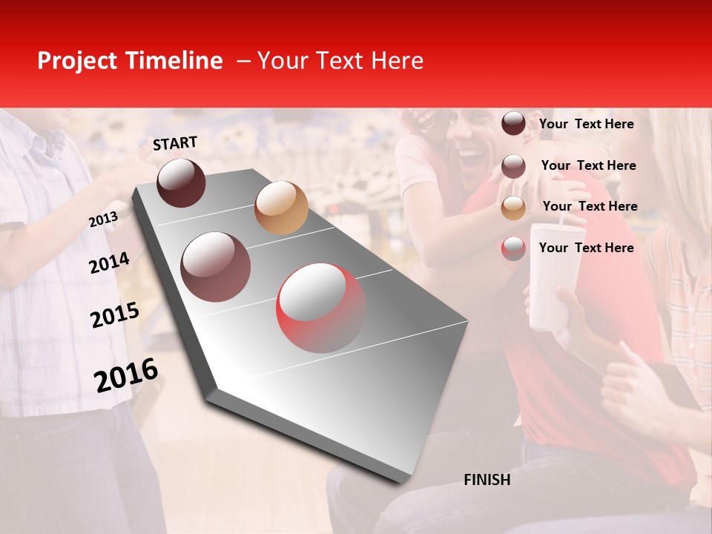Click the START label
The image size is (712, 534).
coord(175,143)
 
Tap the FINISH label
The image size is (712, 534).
coord(487,480)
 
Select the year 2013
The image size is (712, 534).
coord(103,219)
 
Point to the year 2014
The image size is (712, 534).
coord(109,263)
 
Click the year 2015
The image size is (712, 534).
coord(114,315)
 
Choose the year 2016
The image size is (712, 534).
coord(126,375)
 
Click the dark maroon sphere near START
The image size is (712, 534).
coord(181,182)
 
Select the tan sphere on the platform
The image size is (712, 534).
coord(281,207)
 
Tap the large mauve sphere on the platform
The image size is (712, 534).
coord(215,266)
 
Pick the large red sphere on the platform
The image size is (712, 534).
coord(321,308)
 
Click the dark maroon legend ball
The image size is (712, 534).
coord(513,124)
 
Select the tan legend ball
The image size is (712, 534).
coord(513,207)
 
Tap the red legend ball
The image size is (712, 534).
coord(513,248)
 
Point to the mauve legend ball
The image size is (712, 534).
coord(513,165)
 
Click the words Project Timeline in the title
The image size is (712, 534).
coord(130,61)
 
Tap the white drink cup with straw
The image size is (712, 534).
coord(553,274)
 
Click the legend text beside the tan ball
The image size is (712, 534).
coord(590,206)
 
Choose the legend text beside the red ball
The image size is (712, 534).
coord(586,248)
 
